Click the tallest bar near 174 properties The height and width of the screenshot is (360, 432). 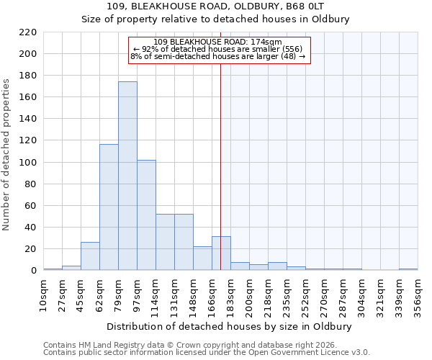(x=127, y=176)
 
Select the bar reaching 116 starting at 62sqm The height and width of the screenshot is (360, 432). (x=109, y=207)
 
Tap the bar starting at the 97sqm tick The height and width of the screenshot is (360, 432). (x=146, y=215)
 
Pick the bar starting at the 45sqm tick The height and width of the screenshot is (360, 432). (x=90, y=256)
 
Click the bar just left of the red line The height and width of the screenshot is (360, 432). (x=202, y=258)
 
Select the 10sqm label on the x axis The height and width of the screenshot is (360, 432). (x=43, y=294)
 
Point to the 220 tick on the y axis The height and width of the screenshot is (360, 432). (x=28, y=32)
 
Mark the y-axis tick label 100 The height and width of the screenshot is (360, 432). (x=28, y=163)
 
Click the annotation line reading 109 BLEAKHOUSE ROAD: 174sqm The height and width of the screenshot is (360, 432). (x=218, y=42)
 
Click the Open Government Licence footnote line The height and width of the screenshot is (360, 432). (x=207, y=352)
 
